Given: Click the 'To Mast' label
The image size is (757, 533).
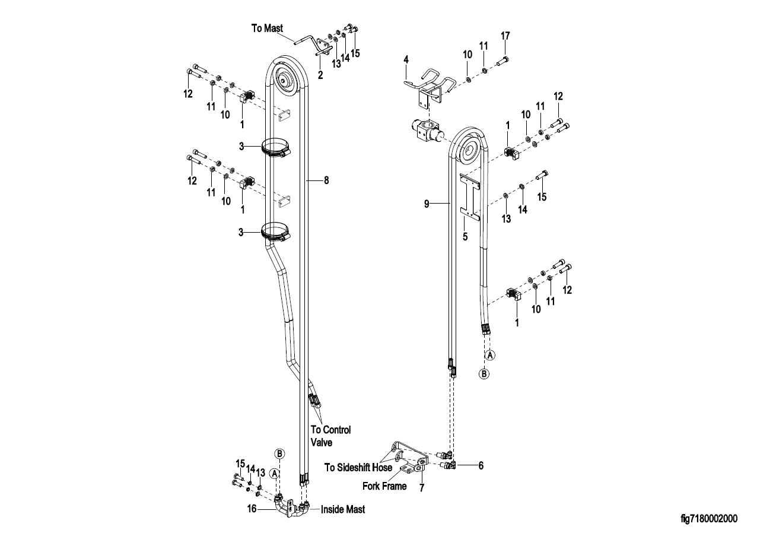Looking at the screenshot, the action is coord(267,28).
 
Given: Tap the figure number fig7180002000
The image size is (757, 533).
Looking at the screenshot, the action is coord(709,518).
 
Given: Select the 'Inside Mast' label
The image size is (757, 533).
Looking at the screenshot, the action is coord(343,509).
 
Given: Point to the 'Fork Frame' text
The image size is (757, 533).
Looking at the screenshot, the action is coord(384,486).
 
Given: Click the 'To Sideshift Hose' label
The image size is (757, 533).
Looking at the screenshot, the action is coord(358,467).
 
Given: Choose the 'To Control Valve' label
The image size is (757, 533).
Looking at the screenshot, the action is coord(331,436).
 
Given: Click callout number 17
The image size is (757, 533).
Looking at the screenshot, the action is coord(505,36).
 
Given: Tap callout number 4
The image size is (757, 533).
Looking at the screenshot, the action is coord(406,60).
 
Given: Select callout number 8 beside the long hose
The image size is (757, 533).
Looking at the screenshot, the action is coord(326,180).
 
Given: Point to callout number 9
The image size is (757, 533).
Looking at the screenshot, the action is coord(427,204).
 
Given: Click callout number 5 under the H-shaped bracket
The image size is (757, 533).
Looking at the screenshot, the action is coord(465,237).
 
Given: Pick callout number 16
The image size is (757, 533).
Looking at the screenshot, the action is coord(252,509).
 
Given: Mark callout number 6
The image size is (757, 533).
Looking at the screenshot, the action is coord(481,466).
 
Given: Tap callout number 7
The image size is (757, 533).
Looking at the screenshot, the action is coord(422,488).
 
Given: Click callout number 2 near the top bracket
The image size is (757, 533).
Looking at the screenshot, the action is coord(320,75).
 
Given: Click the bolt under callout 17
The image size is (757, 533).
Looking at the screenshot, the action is coord(503,62).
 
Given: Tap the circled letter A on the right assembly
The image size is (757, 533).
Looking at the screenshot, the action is coord(490,355).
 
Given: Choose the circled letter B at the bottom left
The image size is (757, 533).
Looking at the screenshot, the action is coord(279,453).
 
